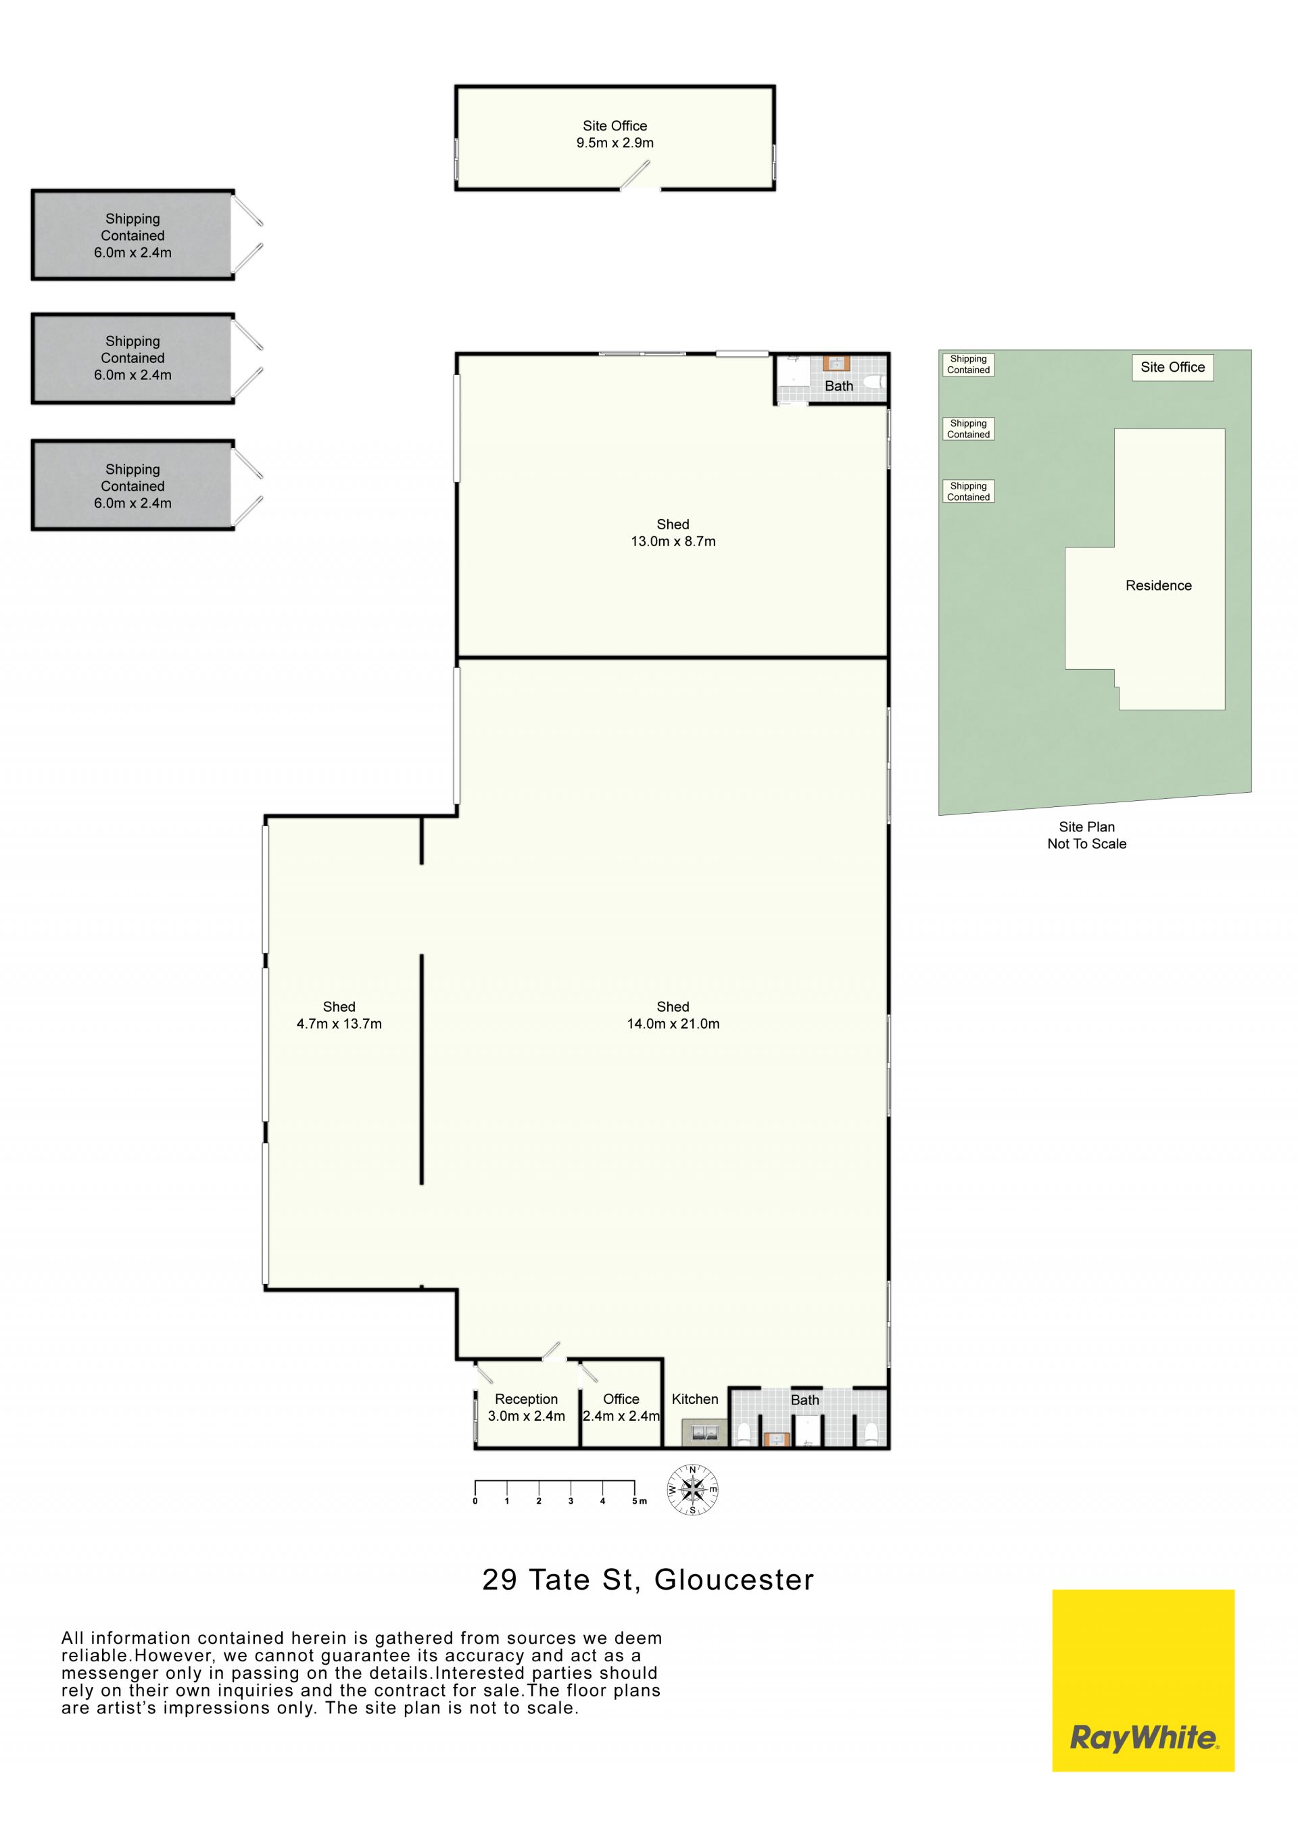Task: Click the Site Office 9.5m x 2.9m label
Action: click(615, 134)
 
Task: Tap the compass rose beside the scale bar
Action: click(693, 1490)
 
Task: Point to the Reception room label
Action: click(526, 1398)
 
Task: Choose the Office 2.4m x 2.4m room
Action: click(621, 1407)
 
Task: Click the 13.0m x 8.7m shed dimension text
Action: click(673, 541)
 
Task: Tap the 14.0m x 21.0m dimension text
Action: click(673, 1024)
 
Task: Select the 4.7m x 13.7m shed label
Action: click(339, 1015)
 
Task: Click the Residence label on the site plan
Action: click(1158, 586)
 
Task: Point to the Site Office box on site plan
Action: click(1172, 368)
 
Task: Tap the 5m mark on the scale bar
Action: click(639, 1501)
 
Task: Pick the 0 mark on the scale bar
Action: click(475, 1501)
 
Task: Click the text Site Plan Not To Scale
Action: click(1087, 835)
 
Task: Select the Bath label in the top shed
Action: click(838, 386)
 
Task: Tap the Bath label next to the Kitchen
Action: click(805, 1400)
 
